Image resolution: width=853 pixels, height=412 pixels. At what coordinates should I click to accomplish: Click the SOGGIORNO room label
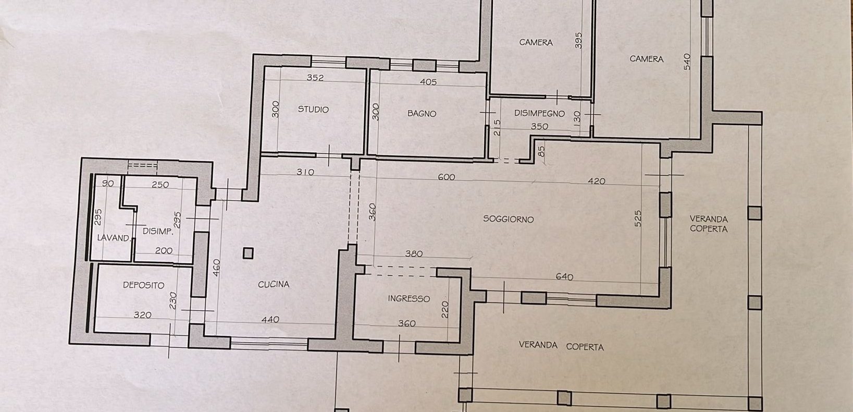pos(509,219)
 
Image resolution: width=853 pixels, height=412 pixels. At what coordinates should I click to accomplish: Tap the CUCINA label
pos(274,284)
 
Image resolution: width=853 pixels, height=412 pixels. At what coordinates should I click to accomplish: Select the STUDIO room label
pos(313,110)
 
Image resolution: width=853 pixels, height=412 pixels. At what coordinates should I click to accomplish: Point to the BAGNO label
pos(422,114)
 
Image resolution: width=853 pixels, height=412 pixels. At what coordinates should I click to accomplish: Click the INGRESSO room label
pos(409,299)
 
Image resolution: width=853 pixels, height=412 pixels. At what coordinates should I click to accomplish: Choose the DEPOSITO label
pos(144,285)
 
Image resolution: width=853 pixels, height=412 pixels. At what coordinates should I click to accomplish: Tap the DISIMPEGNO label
pos(539,114)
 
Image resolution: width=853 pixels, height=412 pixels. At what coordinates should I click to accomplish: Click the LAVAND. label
pos(114,238)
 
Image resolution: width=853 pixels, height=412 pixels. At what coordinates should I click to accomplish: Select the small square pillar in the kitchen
pos(248,253)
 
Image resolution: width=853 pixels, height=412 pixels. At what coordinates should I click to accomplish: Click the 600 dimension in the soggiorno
pos(447,177)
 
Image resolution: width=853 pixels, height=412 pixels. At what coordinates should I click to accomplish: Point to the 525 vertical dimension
pos(638,219)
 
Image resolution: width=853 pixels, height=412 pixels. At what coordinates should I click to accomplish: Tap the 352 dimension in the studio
pos(315,78)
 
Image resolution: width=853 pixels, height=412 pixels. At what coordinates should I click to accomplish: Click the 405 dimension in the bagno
pos(428,82)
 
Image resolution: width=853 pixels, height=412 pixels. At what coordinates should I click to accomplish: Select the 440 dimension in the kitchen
pos(270,319)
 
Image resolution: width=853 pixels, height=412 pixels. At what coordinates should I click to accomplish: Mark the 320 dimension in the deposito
pos(142,315)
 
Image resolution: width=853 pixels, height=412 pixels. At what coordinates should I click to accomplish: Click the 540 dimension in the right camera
pos(687,62)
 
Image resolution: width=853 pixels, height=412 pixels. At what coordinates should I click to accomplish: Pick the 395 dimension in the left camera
pos(578,40)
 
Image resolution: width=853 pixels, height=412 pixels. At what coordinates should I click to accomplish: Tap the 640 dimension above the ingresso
pos(564,277)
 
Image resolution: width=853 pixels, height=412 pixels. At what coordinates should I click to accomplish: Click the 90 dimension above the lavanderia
pos(108,184)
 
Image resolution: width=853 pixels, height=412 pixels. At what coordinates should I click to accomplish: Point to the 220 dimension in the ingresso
pos(445,309)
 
